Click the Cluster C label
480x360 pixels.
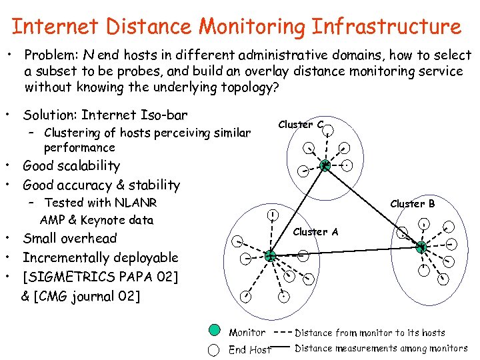click(301, 125)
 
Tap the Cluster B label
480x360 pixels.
click(412, 203)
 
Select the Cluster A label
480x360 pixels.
click(315, 232)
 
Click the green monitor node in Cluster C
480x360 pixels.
click(325, 166)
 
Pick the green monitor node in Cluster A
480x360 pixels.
click(270, 255)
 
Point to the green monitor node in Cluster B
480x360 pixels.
click(421, 247)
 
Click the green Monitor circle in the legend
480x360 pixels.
click(214, 331)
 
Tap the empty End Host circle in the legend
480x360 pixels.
click(214, 349)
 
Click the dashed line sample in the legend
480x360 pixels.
click(282, 332)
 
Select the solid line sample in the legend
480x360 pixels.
click(282, 347)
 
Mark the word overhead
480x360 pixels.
click(89, 239)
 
